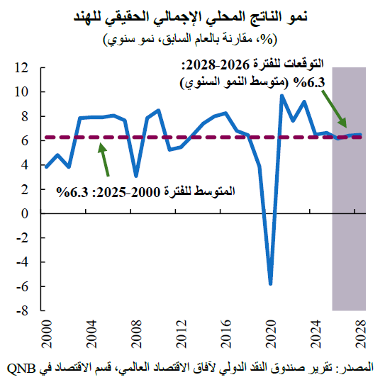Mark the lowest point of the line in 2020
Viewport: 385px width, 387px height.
pyautogui.click(x=270, y=284)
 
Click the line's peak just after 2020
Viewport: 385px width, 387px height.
pyautogui.click(x=281, y=96)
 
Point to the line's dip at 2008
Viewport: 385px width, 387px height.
pyautogui.click(x=135, y=175)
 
